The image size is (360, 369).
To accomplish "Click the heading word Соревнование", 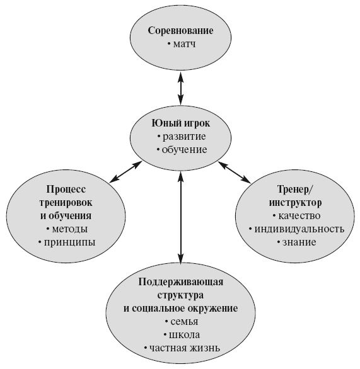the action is click(x=180, y=31).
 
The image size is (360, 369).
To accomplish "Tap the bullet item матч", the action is click(x=182, y=44).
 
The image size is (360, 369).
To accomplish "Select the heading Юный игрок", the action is click(x=180, y=123).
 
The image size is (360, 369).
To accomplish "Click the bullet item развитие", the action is click(x=182, y=137).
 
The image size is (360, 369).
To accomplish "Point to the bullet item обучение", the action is click(x=182, y=150).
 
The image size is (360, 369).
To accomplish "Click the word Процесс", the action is click(x=66, y=190).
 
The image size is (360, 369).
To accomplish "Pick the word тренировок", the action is click(x=66, y=203).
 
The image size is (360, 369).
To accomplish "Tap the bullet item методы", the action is click(x=67, y=229).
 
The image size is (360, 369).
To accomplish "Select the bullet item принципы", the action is click(x=67, y=242).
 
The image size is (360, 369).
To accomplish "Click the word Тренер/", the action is click(x=295, y=189).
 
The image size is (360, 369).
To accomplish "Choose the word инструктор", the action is click(x=295, y=203).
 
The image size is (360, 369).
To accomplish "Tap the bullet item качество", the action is click(x=296, y=216).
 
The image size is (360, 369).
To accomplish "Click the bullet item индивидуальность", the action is click(x=296, y=229).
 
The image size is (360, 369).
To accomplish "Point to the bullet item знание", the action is click(x=296, y=242).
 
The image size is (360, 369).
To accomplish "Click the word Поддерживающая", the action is click(x=180, y=282).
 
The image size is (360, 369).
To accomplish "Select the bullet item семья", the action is click(x=182, y=322).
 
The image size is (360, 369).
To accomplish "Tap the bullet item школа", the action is click(x=182, y=335).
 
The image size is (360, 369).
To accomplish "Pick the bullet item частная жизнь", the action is click(x=182, y=348).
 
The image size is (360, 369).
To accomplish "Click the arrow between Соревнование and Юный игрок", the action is click(x=180, y=88).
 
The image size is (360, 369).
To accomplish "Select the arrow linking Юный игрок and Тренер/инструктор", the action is click(x=234, y=173).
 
